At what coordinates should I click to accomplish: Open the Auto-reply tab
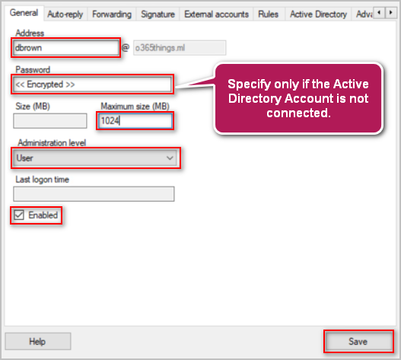click(x=65, y=14)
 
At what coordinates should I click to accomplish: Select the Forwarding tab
click(x=112, y=14)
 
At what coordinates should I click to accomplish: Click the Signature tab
click(x=158, y=14)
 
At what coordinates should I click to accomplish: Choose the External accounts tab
click(x=216, y=14)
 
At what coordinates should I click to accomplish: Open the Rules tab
click(x=268, y=14)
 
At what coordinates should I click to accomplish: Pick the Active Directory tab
click(x=318, y=14)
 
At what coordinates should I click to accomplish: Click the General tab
click(x=24, y=13)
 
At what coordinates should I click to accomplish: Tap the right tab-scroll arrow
click(x=390, y=12)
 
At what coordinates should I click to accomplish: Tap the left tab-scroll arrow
click(x=379, y=12)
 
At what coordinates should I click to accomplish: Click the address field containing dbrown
click(x=66, y=48)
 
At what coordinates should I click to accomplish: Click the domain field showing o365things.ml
click(x=180, y=48)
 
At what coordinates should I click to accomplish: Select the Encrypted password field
click(x=92, y=84)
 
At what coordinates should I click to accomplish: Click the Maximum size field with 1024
click(x=135, y=120)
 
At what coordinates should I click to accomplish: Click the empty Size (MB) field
click(x=50, y=121)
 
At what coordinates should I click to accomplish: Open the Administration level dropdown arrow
click(x=170, y=158)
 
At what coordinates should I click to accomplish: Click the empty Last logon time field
click(x=94, y=194)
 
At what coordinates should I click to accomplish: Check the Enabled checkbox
click(x=19, y=215)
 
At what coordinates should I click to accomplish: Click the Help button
click(x=38, y=341)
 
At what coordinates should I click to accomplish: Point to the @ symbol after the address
click(x=126, y=48)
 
